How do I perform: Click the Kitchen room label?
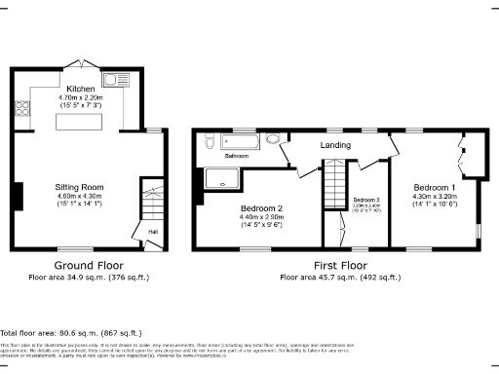80,88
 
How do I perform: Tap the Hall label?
153,232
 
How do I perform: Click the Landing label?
335,147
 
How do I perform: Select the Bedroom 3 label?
366,199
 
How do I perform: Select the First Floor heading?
340,265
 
